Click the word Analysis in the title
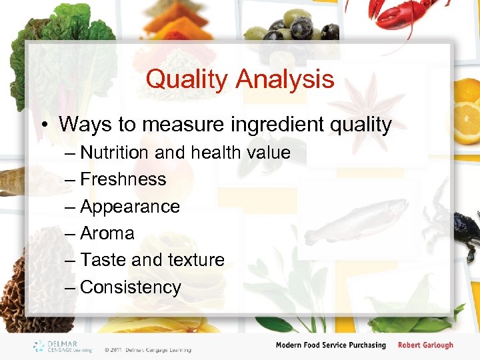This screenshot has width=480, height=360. click(285, 79)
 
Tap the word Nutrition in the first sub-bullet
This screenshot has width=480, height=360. click(114, 153)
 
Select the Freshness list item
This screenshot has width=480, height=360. click(123, 179)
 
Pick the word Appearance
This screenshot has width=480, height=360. click(129, 207)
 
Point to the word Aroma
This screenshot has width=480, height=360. click(107, 233)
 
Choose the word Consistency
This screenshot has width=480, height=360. click(130, 287)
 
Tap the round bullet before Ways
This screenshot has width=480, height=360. click(45, 125)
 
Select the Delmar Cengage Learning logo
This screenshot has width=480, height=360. click(63, 346)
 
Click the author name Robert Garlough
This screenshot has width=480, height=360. click(425, 345)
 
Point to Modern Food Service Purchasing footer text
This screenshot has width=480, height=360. click(331, 345)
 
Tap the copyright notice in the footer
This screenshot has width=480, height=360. click(147, 349)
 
